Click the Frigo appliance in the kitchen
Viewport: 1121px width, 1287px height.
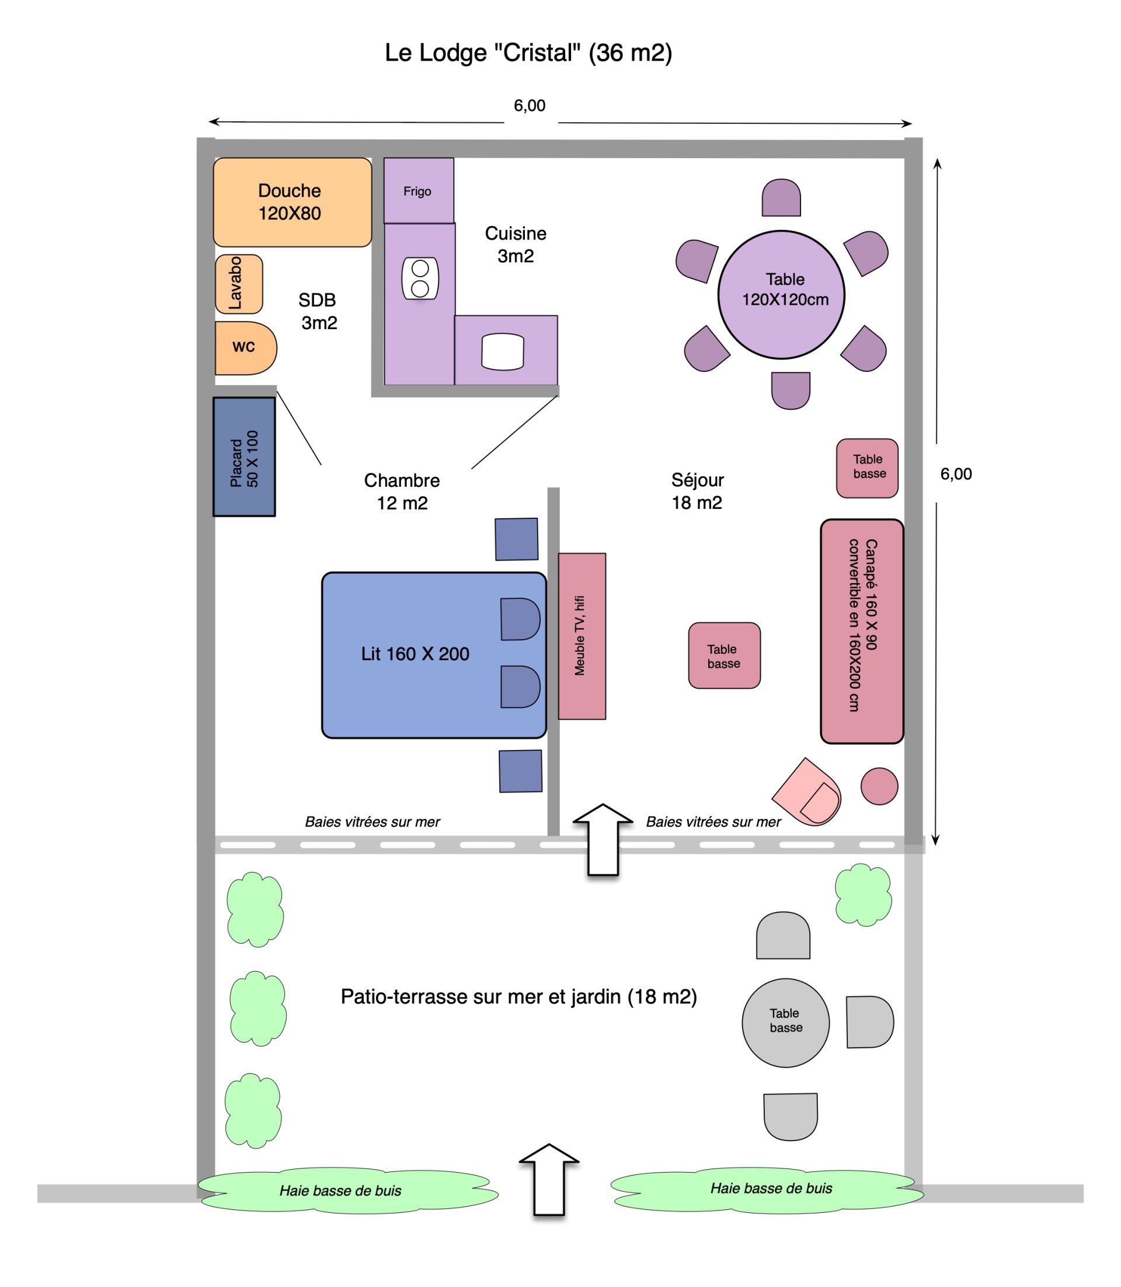pos(419,190)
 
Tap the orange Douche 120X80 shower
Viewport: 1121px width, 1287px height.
pos(292,202)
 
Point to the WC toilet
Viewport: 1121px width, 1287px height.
pos(245,348)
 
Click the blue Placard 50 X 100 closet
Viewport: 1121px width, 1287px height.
pos(244,456)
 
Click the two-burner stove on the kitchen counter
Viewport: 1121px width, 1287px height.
pos(420,278)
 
